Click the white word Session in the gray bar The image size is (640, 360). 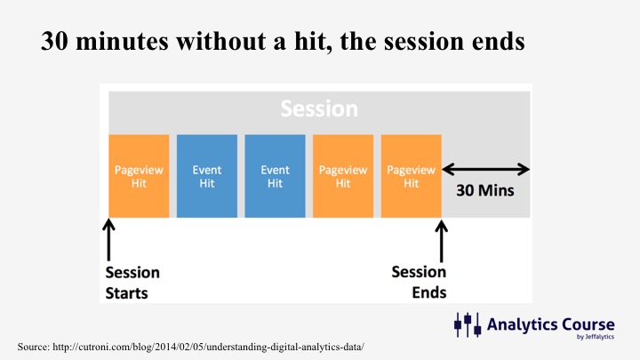[319, 108]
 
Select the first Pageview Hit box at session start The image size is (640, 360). [139, 176]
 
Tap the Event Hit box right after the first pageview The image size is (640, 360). [207, 176]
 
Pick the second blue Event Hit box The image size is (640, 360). [275, 176]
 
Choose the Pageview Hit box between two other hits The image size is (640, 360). [343, 176]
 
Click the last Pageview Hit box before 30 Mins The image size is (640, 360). [411, 176]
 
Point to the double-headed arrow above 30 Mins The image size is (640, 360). [485, 169]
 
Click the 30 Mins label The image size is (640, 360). [485, 190]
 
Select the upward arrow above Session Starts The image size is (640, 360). [108, 240]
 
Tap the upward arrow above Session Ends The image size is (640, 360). [441, 241]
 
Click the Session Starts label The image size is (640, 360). [132, 283]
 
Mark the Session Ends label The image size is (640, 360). [419, 282]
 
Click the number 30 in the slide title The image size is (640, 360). [54, 41]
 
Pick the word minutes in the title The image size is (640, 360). [122, 42]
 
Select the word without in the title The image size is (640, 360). [220, 41]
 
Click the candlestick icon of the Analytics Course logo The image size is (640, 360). [468, 324]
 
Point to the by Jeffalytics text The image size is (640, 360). [595, 337]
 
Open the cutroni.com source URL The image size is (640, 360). [208, 347]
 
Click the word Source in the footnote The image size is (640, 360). [34, 347]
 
